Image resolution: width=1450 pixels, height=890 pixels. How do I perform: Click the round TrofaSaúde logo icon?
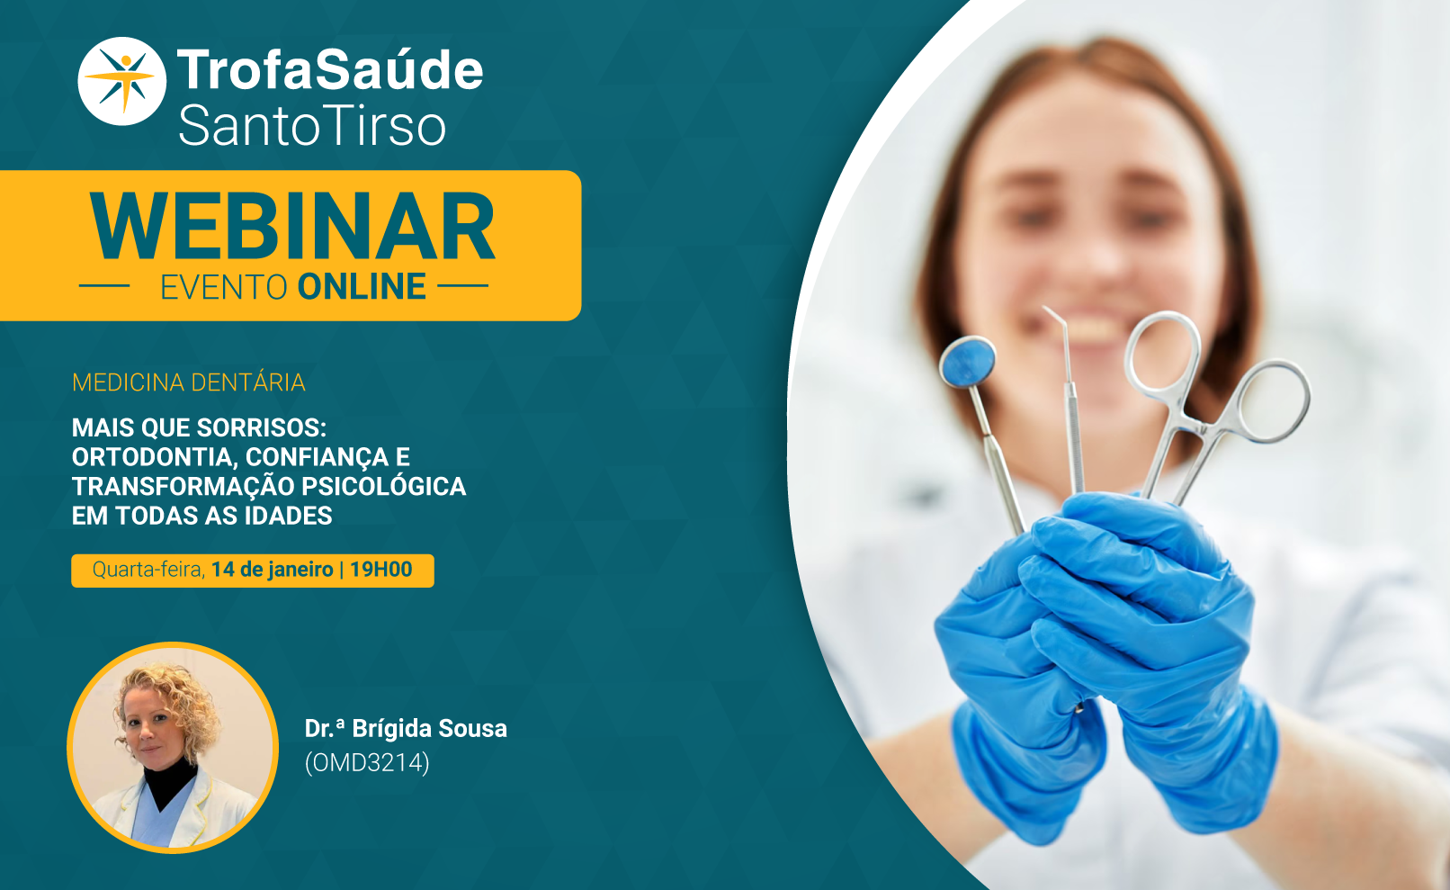pyautogui.click(x=121, y=81)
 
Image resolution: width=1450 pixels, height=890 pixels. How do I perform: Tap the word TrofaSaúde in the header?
pyautogui.click(x=330, y=70)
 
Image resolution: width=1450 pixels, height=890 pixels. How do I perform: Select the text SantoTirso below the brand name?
pyautogui.click(x=312, y=125)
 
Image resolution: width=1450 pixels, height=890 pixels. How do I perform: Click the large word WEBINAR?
pyautogui.click(x=292, y=226)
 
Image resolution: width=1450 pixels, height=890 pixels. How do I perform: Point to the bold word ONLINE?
pyautogui.click(x=362, y=287)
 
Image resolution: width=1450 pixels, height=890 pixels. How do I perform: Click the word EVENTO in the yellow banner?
pyautogui.click(x=223, y=288)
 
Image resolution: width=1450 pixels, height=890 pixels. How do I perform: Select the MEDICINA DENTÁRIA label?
pyautogui.click(x=188, y=382)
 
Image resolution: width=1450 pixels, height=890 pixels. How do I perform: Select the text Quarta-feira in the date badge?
pyautogui.click(x=149, y=570)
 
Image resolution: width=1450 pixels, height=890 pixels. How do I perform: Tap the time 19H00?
pyautogui.click(x=381, y=570)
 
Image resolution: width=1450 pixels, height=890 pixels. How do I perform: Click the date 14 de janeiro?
pyautogui.click(x=272, y=570)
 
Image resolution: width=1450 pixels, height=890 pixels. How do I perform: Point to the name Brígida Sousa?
pyautogui.click(x=429, y=729)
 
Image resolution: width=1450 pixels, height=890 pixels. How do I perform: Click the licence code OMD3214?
pyautogui.click(x=367, y=763)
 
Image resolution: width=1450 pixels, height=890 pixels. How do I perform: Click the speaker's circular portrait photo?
pyautogui.click(x=173, y=747)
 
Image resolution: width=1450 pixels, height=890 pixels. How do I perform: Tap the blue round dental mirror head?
pyautogui.click(x=968, y=362)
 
